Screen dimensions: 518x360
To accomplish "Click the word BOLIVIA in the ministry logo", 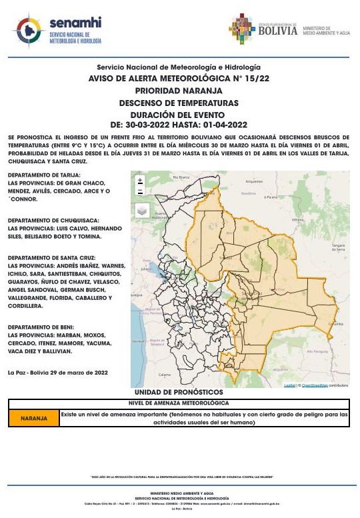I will (x=277, y=30).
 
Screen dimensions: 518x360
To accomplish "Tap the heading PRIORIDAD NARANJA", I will (x=178, y=90).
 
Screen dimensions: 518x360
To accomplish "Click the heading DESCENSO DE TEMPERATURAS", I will (x=178, y=103).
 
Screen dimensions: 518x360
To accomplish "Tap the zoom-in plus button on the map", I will (x=140, y=180).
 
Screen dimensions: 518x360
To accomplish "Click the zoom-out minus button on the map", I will (x=140, y=191).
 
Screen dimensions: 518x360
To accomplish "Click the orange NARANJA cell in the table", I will (x=33, y=418).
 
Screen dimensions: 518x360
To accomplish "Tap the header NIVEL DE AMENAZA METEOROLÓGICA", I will (x=178, y=403).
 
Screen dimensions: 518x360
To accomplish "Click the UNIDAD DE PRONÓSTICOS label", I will (x=178, y=393).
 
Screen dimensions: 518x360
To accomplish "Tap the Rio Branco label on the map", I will (x=182, y=177).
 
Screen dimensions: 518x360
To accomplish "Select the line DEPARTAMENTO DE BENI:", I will (x=41, y=327).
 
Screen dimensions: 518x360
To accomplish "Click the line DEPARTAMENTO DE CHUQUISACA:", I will (x=53, y=220).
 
